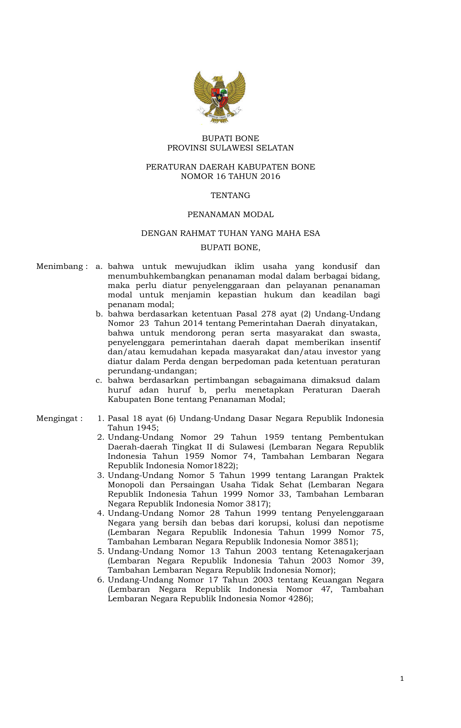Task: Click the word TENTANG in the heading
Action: pyautogui.click(x=230, y=195)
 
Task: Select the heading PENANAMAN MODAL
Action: pyautogui.click(x=230, y=215)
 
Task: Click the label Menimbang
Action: pyautogui.click(x=60, y=267)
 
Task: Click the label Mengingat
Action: pyautogui.click(x=57, y=418)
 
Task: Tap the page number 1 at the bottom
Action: pyautogui.click(x=402, y=678)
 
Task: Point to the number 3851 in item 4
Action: pyautogui.click(x=344, y=542)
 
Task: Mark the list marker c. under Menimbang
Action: pyautogui.click(x=99, y=381)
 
